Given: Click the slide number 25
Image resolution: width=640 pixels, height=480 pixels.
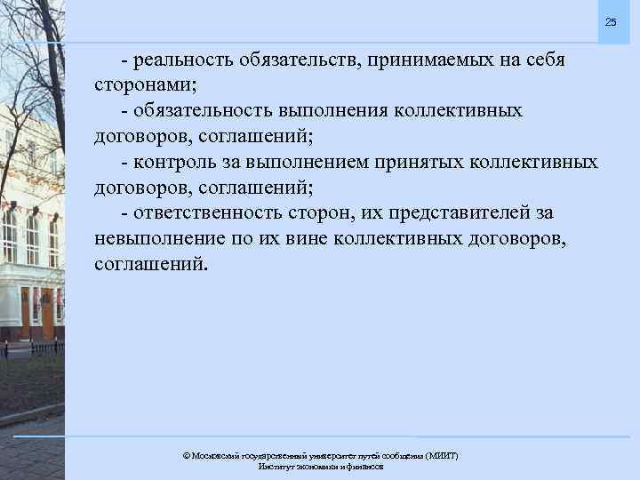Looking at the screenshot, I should [x=610, y=21].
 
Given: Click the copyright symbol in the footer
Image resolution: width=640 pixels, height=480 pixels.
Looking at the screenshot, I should [x=186, y=455].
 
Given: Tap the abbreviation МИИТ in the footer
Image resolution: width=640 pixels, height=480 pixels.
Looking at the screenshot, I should [x=441, y=455].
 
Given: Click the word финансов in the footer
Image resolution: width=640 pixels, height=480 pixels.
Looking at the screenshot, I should [x=363, y=467].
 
